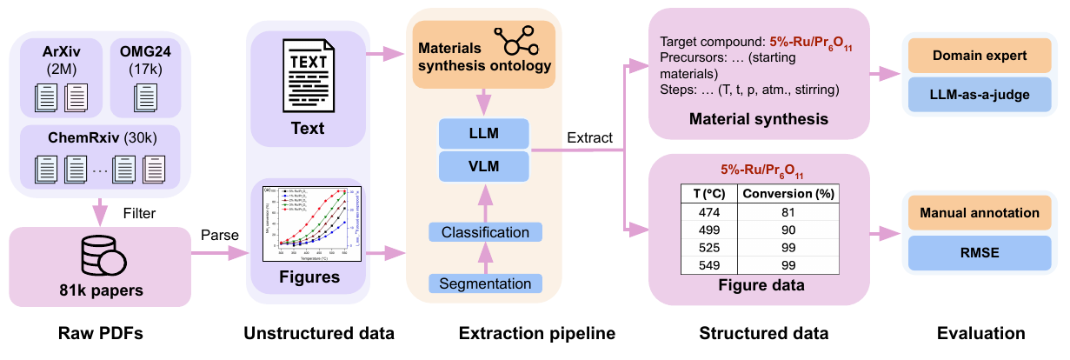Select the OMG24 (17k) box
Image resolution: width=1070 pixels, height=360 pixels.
point(145,76)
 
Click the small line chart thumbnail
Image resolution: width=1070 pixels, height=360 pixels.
point(311,223)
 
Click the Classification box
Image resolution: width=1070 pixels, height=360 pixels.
point(485,232)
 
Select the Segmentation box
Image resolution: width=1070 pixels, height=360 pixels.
point(485,283)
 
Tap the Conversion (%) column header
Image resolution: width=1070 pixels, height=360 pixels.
point(788,193)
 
